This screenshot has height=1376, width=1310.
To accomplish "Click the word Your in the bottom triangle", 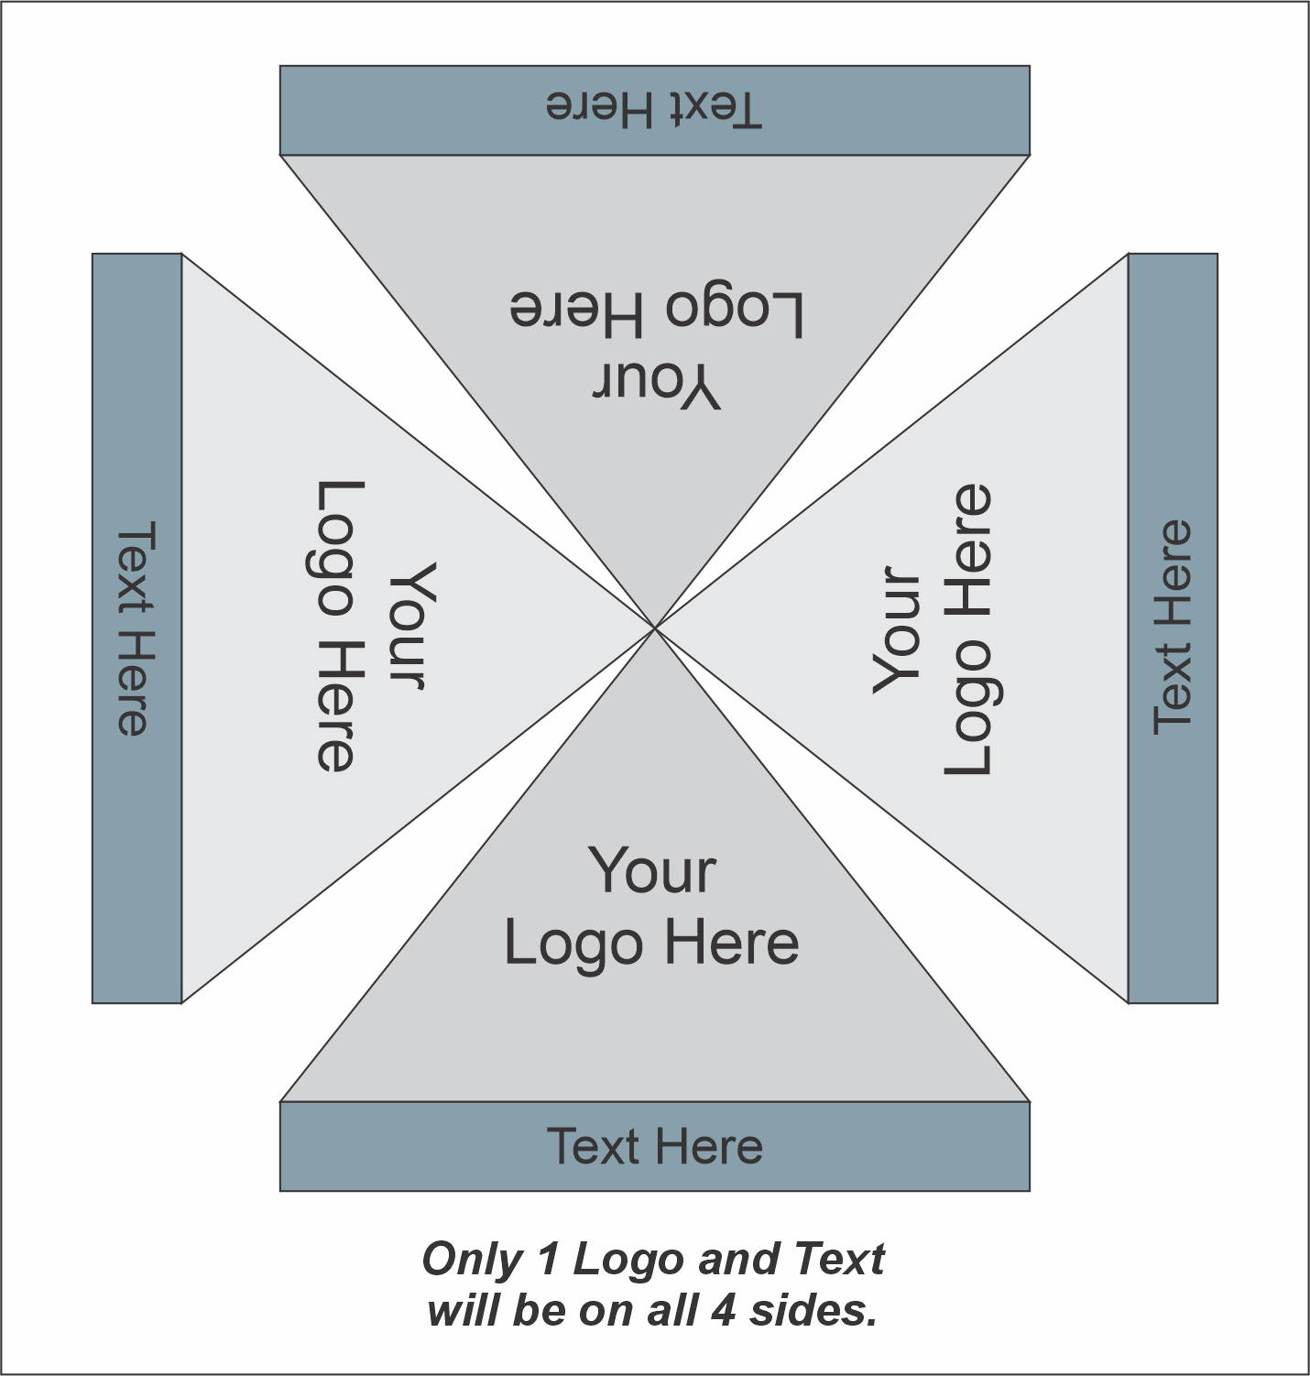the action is [652, 869].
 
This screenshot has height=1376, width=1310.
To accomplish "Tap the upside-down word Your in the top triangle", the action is [656, 384].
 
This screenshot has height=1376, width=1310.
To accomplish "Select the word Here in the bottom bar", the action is [710, 1146].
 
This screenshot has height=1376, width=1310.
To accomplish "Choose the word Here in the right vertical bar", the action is [1172, 573].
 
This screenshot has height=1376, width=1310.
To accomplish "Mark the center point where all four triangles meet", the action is [655, 628].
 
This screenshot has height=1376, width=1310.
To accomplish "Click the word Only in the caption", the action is [473, 1260].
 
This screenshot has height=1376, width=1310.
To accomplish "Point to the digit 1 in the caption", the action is [549, 1259].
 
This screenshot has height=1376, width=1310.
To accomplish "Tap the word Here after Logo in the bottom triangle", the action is [732, 944].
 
